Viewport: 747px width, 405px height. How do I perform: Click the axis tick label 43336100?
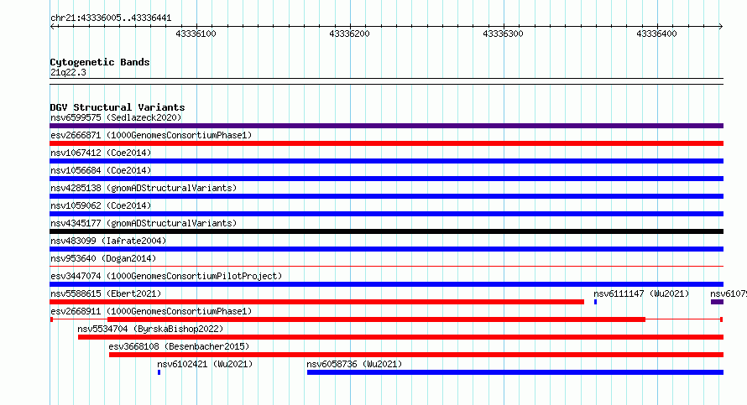pos(196,34)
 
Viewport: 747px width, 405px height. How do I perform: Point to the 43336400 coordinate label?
pos(656,34)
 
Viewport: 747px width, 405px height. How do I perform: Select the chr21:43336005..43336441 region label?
pos(111,18)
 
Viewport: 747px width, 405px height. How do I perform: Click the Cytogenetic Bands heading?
pos(100,62)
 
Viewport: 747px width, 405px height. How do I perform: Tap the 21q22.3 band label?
pos(68,72)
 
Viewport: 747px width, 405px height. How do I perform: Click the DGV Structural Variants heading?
pos(118,107)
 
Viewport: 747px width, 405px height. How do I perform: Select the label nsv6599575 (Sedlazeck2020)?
pos(116,117)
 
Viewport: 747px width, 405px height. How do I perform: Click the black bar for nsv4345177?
pos(386,231)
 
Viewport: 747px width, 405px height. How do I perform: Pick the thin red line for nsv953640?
pos(386,267)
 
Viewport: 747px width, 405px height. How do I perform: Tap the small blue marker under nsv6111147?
pos(596,302)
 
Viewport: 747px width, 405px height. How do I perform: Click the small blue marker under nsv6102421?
pos(159,372)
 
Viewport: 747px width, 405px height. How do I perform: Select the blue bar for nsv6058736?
pos(515,372)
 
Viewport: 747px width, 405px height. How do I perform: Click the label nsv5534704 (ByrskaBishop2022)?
pos(150,329)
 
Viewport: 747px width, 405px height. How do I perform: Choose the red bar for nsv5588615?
pos(316,302)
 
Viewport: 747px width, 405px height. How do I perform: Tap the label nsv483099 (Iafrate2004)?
pos(108,241)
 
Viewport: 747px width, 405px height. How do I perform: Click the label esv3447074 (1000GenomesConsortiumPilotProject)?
pos(166,276)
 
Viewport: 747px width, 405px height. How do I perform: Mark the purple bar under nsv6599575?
pos(386,126)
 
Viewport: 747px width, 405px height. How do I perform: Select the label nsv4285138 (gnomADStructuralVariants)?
pos(144,188)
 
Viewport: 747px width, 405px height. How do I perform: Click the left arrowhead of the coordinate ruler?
pos(52,27)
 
